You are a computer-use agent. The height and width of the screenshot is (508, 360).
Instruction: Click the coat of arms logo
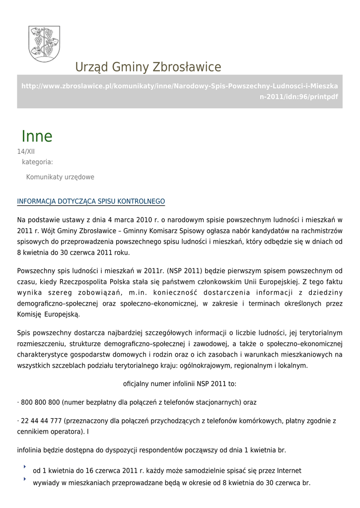tap(44, 44)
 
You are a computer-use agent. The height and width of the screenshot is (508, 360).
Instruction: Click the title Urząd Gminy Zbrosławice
tap(148, 67)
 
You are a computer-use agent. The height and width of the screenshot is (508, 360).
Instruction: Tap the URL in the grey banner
tap(179, 91)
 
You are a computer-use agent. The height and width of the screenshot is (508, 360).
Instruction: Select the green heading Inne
tap(37, 136)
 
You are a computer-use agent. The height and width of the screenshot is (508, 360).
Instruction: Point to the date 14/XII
tap(26, 152)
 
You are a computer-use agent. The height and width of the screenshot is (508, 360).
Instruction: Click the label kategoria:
tap(37, 162)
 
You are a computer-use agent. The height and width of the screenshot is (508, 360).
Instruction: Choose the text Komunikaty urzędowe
tap(60, 177)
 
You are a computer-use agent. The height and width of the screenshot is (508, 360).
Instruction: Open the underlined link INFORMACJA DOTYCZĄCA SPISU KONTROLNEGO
tap(91, 201)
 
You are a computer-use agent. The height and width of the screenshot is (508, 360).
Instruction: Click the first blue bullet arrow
tap(24, 467)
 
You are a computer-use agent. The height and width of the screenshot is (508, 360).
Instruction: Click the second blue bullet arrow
tap(24, 479)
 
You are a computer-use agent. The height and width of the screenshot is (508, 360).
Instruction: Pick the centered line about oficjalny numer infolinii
tap(180, 384)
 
